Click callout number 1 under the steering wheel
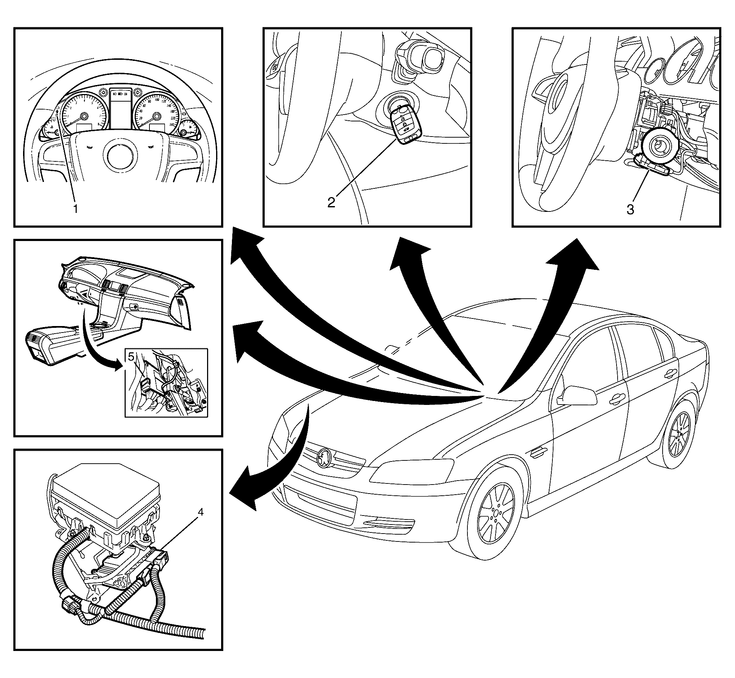[x=76, y=209]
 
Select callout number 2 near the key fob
[x=331, y=201]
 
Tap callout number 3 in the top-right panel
[x=630, y=210]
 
